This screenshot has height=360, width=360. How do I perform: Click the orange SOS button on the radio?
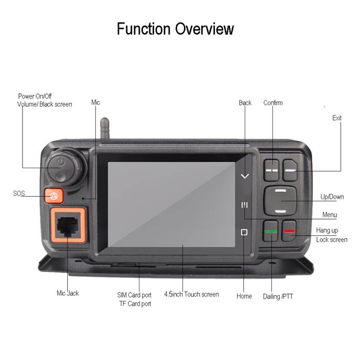[x=54, y=196]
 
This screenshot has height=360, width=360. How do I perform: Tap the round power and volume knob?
[x=66, y=167]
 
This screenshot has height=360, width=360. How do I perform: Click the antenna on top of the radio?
[x=105, y=128]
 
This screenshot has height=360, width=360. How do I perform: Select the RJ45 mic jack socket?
[x=68, y=225]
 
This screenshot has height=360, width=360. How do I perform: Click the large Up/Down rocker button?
[x=280, y=201]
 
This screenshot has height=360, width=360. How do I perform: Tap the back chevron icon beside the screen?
[x=245, y=176]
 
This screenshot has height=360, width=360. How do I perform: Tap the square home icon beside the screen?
[x=244, y=232]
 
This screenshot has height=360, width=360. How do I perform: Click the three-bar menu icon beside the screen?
[x=244, y=205]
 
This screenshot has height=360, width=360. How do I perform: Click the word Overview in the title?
[x=204, y=29]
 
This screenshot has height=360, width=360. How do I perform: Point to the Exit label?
[x=337, y=118]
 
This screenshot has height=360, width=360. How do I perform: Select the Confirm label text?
[x=273, y=103]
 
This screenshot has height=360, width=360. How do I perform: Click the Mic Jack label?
[x=68, y=293]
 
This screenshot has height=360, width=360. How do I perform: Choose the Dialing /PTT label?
[x=278, y=297]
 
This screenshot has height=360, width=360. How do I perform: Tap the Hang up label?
[x=327, y=230]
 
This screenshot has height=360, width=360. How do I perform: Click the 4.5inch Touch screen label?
[x=191, y=294]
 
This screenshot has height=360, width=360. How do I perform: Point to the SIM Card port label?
[x=134, y=295]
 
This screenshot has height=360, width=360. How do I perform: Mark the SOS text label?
[x=19, y=193]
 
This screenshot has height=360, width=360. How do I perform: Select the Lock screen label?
[x=332, y=239]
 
